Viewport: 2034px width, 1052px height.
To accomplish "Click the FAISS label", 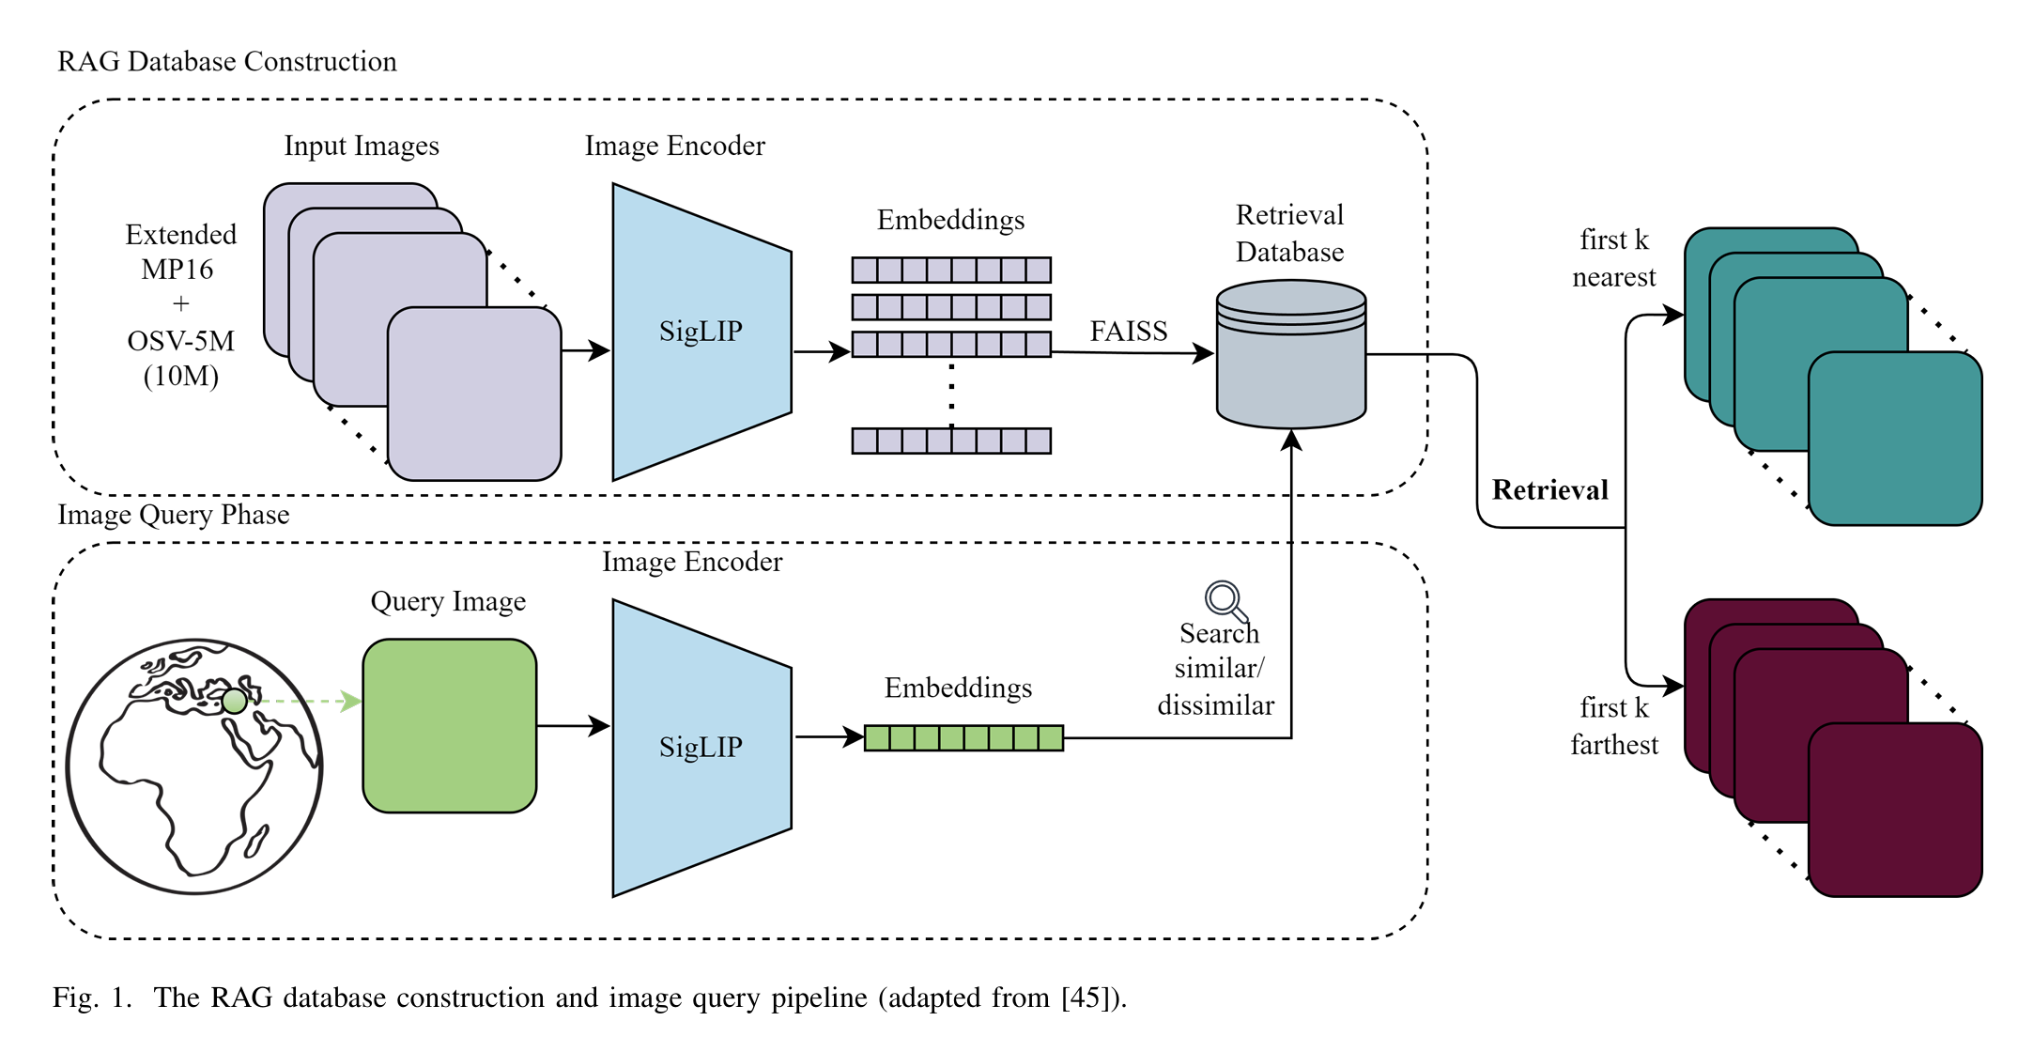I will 1128,332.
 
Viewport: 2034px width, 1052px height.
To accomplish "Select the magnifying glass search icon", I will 1225,599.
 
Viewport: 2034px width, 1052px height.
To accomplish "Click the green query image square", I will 450,725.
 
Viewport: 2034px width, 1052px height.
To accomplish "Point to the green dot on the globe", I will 234,701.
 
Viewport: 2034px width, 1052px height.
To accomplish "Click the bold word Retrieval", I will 1549,490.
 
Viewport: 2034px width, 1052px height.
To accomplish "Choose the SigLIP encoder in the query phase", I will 701,748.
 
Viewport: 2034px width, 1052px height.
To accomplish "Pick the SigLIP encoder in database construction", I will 701,332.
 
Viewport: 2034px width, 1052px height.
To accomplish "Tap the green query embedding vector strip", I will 963,737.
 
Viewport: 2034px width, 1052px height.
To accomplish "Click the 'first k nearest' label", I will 1613,258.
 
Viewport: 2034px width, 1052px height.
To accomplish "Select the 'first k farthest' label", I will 1613,726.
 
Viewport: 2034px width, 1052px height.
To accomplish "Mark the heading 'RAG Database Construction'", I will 227,62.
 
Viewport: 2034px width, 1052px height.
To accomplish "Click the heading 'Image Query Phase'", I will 174,515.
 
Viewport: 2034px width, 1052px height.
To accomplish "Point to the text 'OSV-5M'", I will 180,341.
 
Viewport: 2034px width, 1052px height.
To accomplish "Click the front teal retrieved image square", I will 1894,438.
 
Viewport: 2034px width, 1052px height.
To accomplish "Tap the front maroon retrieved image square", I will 1894,810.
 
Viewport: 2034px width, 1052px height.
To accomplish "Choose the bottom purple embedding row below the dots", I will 950,441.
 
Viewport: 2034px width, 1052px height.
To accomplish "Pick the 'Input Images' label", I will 362,147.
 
